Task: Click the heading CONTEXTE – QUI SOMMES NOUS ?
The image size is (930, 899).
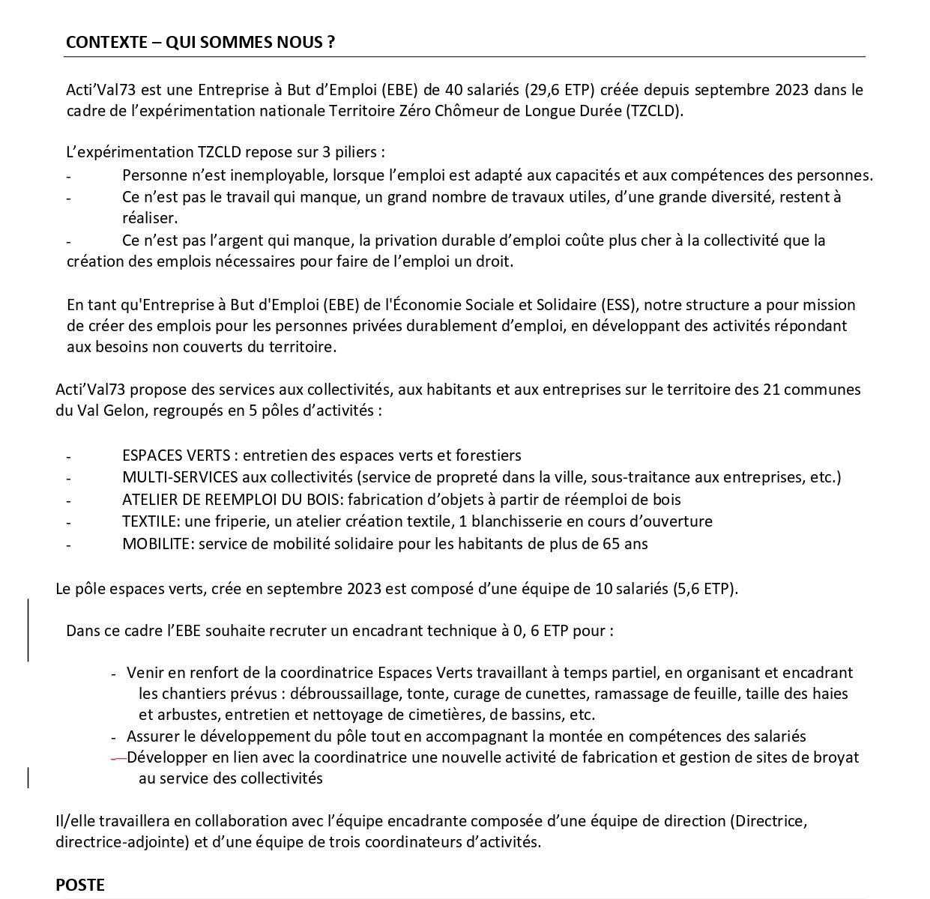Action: [200, 42]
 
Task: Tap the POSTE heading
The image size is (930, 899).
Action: [80, 885]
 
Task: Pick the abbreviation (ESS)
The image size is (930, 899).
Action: [618, 305]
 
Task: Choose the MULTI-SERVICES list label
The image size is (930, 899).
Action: [180, 477]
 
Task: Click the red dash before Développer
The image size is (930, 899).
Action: [118, 757]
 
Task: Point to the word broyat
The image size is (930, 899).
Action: [836, 757]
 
